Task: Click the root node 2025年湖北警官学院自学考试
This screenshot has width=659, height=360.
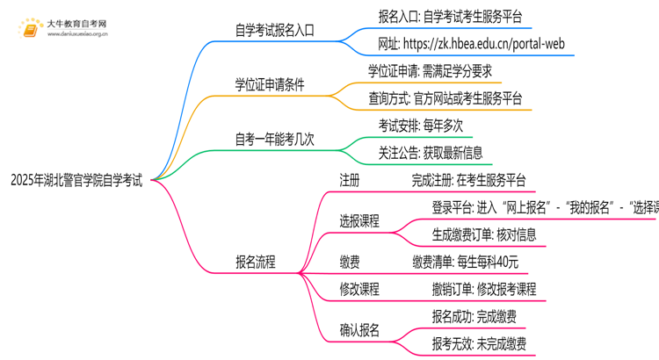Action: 76,181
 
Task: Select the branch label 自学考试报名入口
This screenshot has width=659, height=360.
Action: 275,31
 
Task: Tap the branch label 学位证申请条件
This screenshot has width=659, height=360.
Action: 268,85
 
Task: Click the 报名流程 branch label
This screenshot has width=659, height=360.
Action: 255,262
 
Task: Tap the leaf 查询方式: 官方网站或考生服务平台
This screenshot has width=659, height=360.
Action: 445,98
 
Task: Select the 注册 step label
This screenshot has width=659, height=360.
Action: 349,180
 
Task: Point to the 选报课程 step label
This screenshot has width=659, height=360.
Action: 359,221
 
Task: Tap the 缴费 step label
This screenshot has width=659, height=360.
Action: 349,262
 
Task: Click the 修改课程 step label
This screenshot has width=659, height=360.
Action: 359,289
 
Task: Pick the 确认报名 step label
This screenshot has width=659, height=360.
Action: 359,330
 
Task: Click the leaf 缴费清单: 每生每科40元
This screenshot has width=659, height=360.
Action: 465,262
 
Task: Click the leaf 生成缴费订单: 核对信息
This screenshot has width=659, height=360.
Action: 483,234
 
